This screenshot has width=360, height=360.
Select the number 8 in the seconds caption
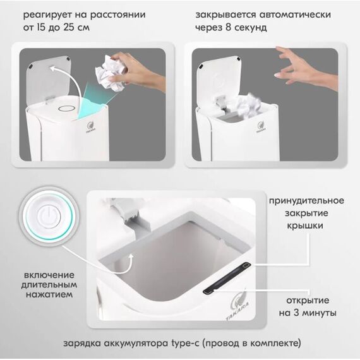coord(228,28)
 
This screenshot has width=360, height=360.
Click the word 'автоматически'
coord(295,15)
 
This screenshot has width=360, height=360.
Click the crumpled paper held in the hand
coord(111,73)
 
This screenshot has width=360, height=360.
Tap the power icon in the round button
coord(49,217)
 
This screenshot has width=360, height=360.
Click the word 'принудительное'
coord(306,201)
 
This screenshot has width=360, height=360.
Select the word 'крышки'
coord(305,226)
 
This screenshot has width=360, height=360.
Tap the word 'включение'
coord(49,275)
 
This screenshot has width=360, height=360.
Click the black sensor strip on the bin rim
coord(227,278)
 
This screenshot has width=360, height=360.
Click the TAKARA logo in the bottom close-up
coord(238,305)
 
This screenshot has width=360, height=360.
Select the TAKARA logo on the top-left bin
coord(90,127)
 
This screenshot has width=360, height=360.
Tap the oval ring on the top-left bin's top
coord(66,108)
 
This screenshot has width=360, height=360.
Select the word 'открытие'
coord(308,300)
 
